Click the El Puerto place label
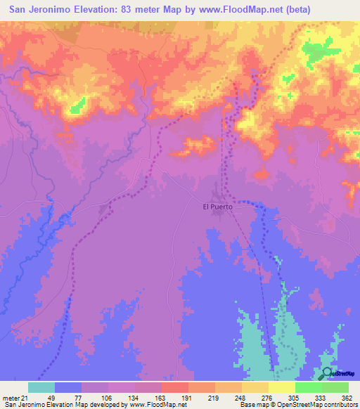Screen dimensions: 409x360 coord(217,207)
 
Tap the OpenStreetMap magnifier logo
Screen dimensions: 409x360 coord(327,373)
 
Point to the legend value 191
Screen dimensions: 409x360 coord(188,398)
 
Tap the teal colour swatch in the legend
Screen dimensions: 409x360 coord(41,387)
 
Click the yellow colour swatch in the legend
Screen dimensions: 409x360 coord(282,387)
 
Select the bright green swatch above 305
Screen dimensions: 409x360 coord(309,387)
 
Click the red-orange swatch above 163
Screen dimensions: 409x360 coord(175,387)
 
